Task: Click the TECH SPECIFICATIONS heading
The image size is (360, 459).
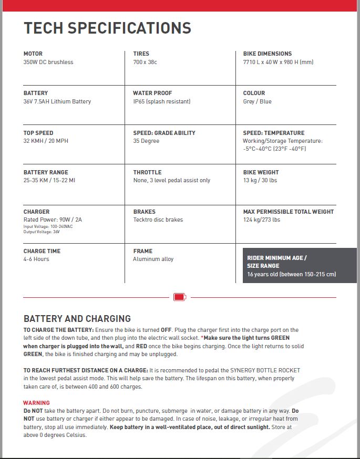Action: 107,28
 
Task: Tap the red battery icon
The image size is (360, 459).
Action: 180,297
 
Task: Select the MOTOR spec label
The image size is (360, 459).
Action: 33,54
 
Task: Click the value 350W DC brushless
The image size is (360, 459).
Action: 48,62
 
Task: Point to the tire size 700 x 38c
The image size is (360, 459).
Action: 145,62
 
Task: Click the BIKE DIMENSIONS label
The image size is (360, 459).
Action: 267,54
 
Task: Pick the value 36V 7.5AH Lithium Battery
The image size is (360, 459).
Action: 57,101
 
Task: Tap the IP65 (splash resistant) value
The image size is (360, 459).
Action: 161,101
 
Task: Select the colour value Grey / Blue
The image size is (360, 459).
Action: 257,101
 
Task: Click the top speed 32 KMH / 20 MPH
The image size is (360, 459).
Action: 46,141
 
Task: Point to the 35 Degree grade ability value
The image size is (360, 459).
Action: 146,141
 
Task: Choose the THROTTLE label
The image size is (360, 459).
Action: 147,172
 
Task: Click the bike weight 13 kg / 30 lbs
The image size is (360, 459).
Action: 260,180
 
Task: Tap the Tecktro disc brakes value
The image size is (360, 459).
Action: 158,220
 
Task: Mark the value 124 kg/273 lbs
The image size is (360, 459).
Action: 261,220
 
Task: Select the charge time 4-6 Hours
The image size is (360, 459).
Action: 36,259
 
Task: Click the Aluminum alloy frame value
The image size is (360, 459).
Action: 153,259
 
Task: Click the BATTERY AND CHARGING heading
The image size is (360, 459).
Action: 77,319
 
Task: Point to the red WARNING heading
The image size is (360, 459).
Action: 37,403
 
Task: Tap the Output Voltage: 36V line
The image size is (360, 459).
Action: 42,232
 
